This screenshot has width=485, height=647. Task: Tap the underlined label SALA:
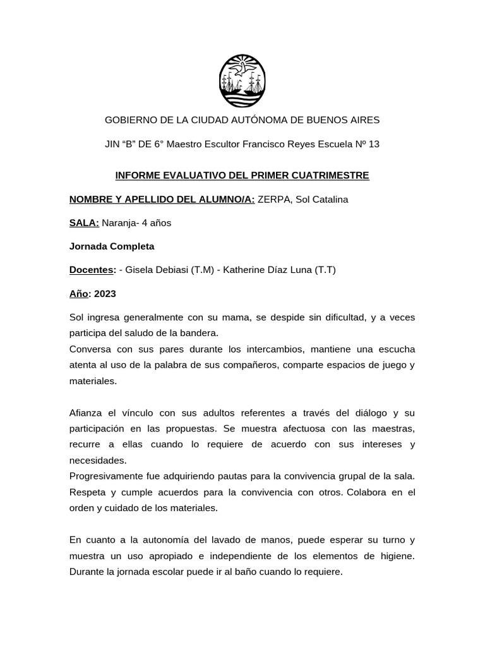pos(85,223)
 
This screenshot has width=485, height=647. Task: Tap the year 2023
pos(105,294)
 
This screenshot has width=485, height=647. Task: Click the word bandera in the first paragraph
pos(199,332)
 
